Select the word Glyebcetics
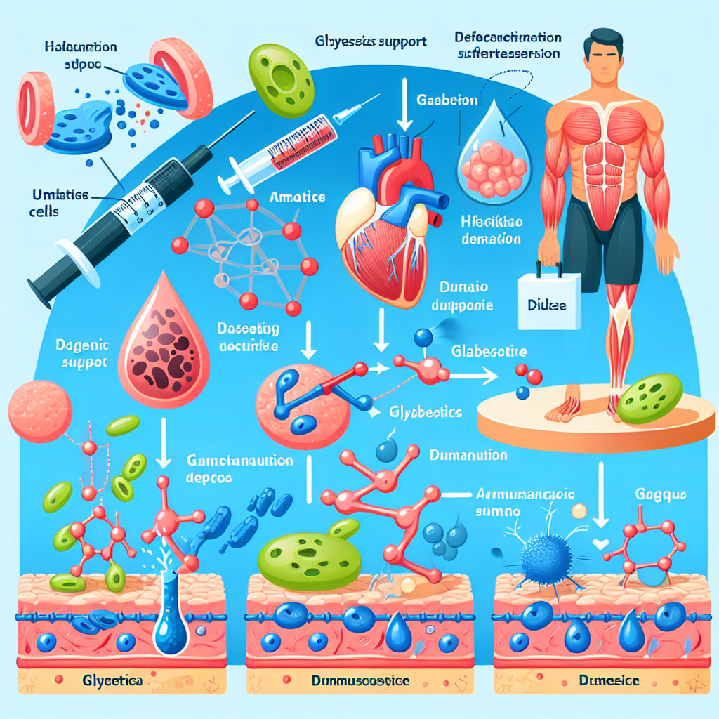424,413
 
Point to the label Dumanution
467,455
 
